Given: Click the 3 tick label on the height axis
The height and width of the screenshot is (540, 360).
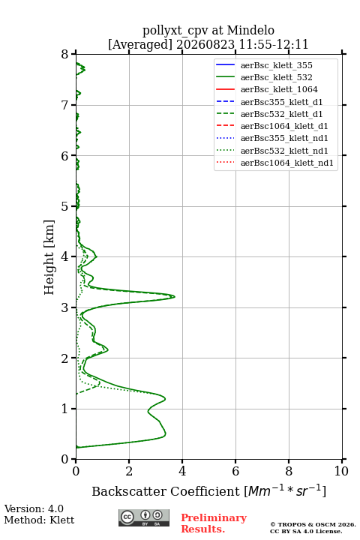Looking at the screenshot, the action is (65, 307).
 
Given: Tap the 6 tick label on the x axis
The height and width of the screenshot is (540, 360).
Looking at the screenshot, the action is (235, 471).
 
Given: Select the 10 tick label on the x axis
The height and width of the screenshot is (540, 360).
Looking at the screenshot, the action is (341, 471).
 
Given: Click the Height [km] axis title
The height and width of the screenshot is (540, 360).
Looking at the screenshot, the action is (49, 257).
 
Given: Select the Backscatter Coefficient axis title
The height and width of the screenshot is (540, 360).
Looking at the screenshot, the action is (208, 491).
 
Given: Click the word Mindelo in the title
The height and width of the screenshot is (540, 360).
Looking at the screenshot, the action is (250, 30).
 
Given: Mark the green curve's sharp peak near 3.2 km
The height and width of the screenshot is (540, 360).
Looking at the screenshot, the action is (174, 296).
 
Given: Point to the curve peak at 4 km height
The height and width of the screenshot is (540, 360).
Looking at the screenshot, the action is (97, 256).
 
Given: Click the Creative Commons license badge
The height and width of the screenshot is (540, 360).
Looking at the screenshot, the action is (144, 517).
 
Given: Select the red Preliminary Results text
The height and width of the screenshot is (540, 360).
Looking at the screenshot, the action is (214, 523).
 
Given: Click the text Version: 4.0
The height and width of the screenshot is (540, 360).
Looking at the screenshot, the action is (34, 508).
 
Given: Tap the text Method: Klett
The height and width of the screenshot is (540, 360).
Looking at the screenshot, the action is (39, 520).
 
